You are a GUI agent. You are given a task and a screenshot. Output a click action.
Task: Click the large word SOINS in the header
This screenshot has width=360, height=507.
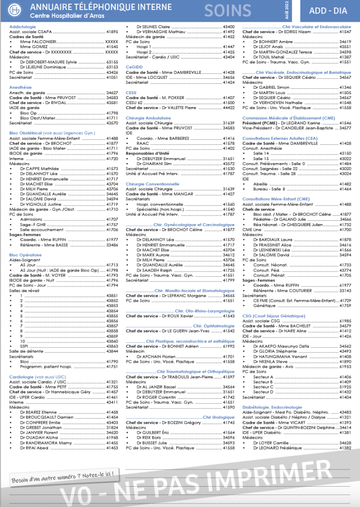pyautogui.click(x=228, y=10)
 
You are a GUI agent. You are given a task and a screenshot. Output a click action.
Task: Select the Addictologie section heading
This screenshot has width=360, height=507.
pyautogui.click(x=22, y=26)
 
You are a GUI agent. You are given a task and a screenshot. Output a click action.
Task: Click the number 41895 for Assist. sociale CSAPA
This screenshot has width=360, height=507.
pyautogui.click(x=112, y=31)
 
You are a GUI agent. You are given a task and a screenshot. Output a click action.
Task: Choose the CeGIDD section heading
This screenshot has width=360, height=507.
pyautogui.click(x=134, y=66)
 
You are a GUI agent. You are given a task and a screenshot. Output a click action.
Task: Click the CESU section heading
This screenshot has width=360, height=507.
pyautogui.click(x=131, y=92)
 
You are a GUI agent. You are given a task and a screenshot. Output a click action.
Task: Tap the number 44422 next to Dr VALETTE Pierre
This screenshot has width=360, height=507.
pyautogui.click(x=229, y=108)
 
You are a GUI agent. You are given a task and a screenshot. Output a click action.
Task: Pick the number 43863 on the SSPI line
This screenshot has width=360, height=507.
pyautogui.click(x=112, y=346)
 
